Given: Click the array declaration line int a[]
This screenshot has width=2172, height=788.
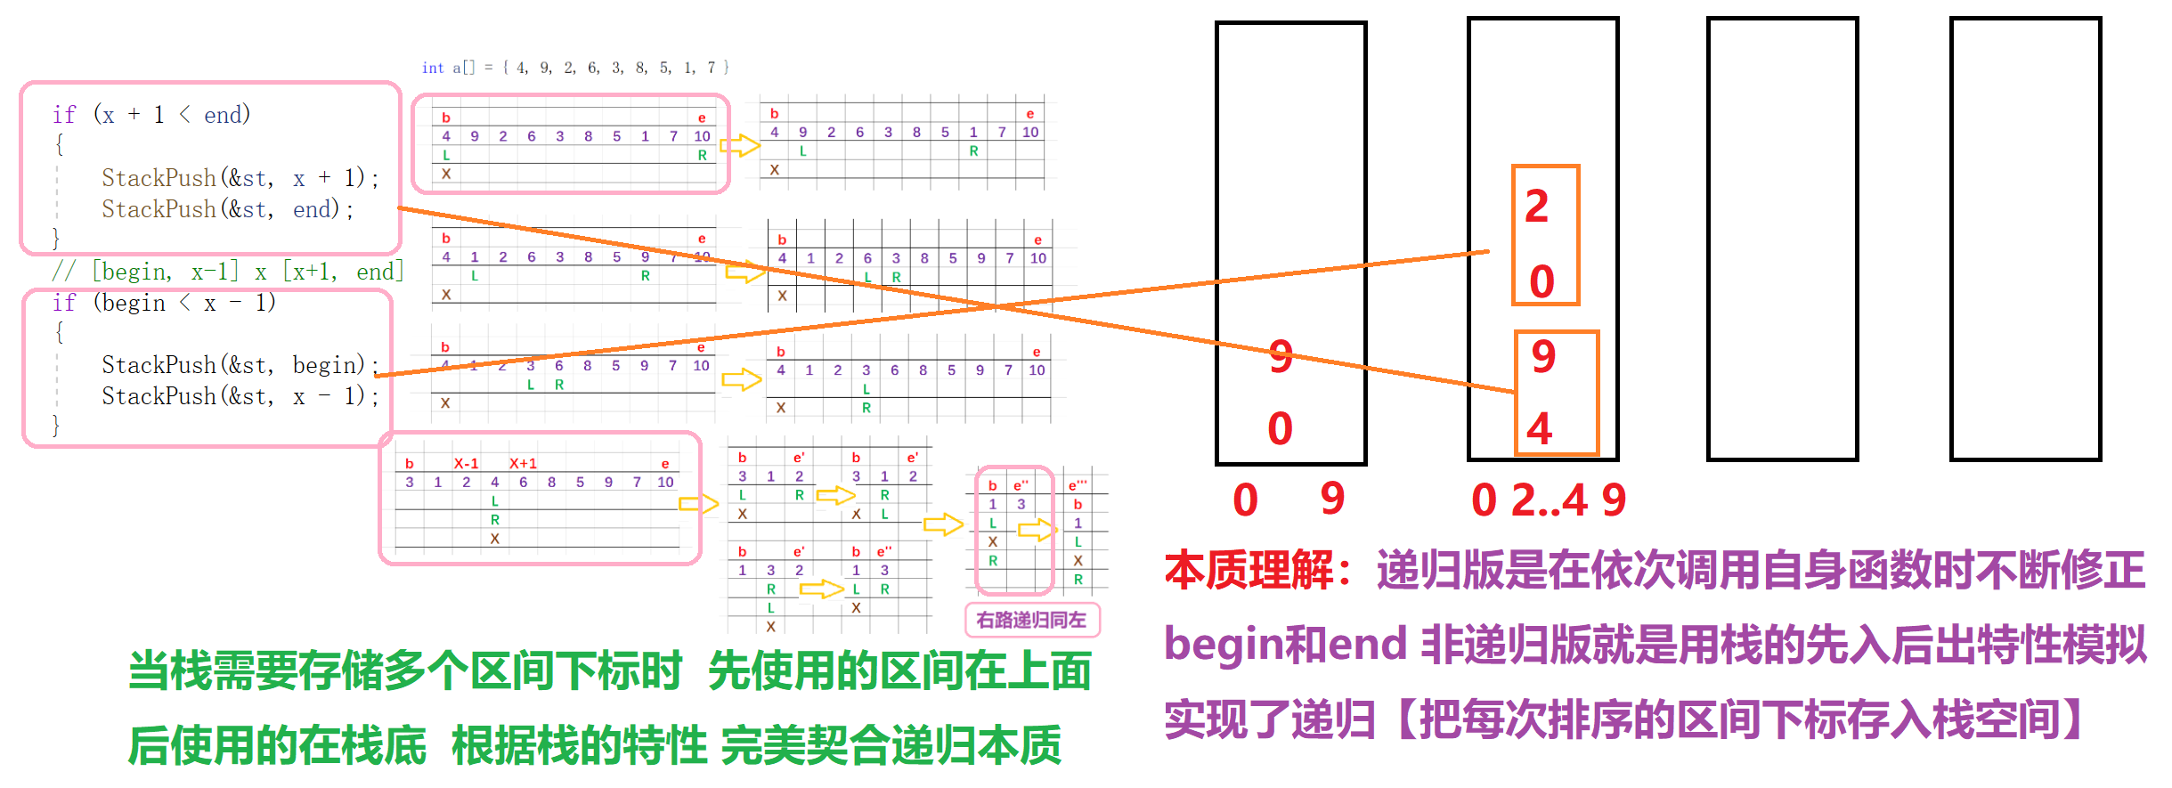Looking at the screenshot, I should (x=575, y=68).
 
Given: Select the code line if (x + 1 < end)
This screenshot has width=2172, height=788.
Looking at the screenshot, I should (x=151, y=115).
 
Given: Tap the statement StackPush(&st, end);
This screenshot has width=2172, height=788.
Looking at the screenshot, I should (x=227, y=209).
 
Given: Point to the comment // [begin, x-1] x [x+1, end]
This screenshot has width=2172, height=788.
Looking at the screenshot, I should (x=228, y=272).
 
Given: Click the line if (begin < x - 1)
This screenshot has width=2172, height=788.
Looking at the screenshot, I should (x=164, y=303).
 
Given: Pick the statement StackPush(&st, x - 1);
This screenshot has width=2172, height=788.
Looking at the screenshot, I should (x=239, y=396).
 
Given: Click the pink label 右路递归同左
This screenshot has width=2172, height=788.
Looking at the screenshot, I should (x=1031, y=620).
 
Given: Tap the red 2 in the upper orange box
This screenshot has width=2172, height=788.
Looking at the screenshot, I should (x=1537, y=207).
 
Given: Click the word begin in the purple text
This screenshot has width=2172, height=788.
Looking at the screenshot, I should (x=1220, y=644).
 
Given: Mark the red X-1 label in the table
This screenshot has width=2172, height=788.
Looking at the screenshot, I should (x=467, y=463).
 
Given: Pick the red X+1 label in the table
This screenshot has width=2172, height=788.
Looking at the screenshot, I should (x=523, y=463).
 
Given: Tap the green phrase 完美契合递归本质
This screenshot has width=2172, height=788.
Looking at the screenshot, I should (x=891, y=745).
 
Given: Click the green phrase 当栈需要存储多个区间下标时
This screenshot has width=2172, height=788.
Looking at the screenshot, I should (x=405, y=670).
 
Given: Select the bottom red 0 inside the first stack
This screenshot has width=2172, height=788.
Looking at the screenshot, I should (x=1280, y=429).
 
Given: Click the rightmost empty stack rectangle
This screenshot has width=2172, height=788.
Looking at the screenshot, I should (x=2025, y=239).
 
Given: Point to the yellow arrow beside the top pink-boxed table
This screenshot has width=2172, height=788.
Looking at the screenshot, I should (x=740, y=145).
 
